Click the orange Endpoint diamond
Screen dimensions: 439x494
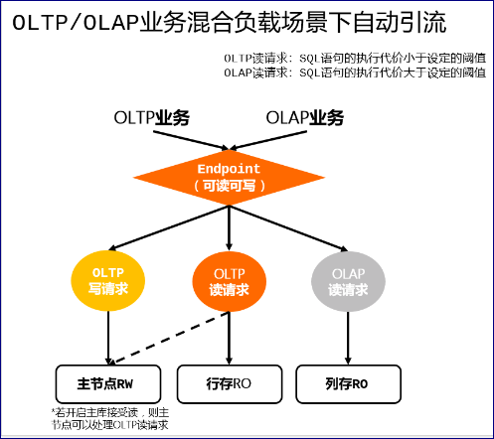[x=230, y=176]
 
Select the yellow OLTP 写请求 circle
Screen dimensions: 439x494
[x=107, y=281]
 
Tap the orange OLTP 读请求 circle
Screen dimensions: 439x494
[x=229, y=281]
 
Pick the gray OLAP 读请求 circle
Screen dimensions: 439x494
[x=347, y=281]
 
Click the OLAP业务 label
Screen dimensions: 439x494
[x=304, y=118]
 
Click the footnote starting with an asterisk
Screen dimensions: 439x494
[x=109, y=418]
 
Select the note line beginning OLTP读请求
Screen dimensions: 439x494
[x=355, y=58]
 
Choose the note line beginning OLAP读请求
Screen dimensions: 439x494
[x=355, y=72]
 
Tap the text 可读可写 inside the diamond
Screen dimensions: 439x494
[x=229, y=186]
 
